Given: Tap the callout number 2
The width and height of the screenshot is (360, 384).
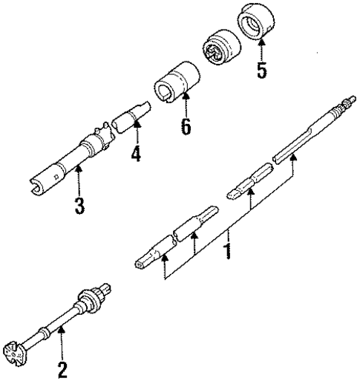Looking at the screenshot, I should click(x=62, y=368).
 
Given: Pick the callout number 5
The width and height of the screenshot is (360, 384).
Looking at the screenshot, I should click(x=260, y=73).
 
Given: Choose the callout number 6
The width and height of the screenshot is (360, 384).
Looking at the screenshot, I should click(x=185, y=126).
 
